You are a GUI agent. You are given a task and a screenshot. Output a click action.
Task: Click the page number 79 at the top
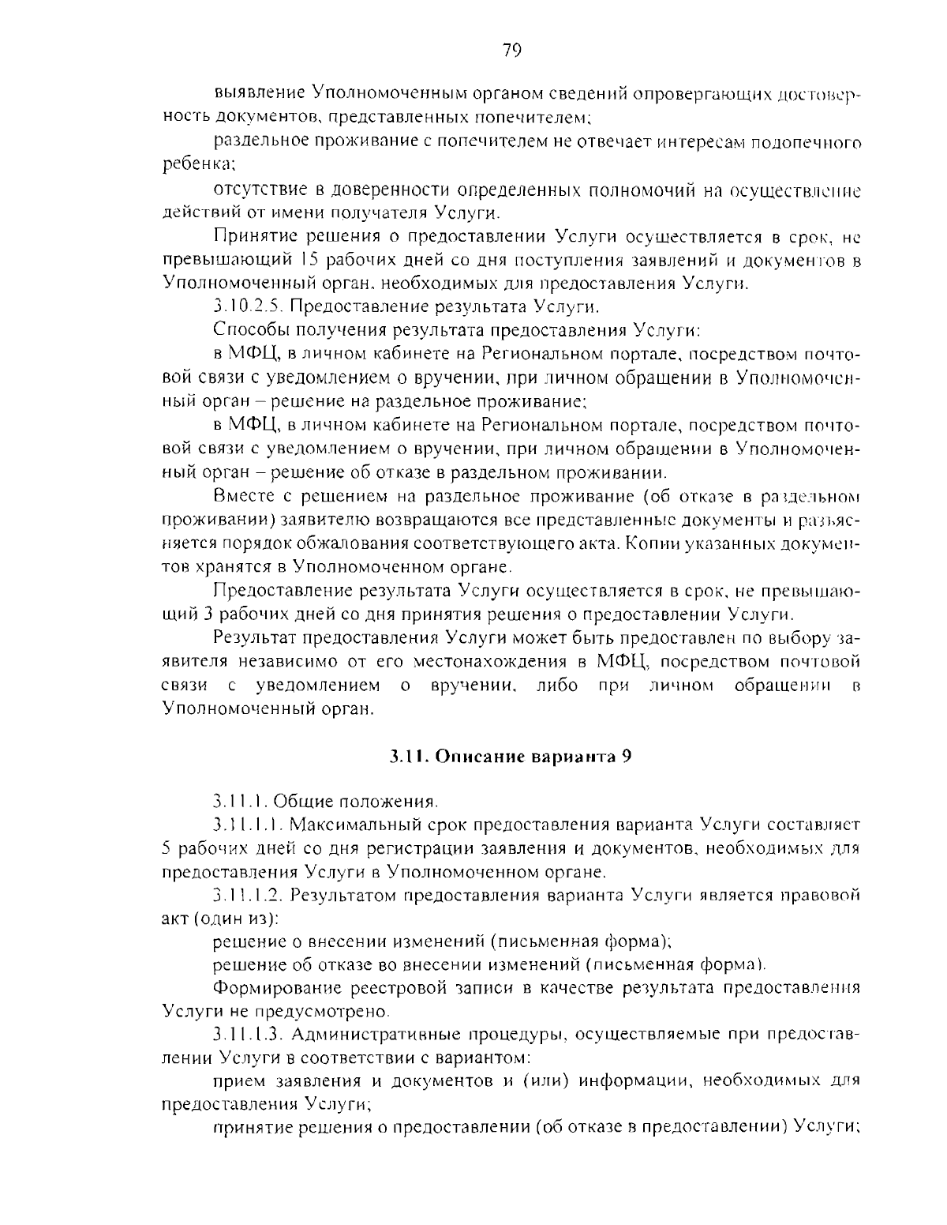pos(511,51)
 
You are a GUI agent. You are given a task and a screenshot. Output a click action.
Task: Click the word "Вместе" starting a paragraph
pos(243,497)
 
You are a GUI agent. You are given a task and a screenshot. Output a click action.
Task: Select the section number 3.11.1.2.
pos(247,896)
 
